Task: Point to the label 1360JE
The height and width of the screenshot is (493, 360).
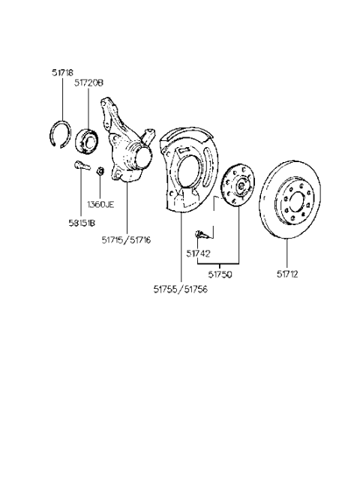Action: (x=100, y=203)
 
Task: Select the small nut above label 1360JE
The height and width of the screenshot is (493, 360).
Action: (x=100, y=172)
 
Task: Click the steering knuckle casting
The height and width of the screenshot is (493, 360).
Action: (x=126, y=155)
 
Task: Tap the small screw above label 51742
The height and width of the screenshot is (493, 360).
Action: (x=202, y=234)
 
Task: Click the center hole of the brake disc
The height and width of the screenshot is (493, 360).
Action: (x=294, y=200)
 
